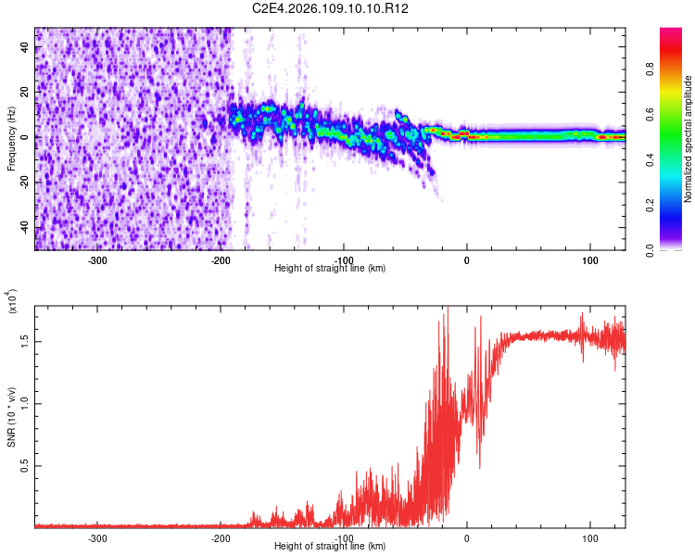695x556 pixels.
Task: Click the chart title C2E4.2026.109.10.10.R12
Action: [331, 8]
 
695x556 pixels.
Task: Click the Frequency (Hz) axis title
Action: [11, 138]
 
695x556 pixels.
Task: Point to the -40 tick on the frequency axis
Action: [25, 228]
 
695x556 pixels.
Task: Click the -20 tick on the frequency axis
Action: [25, 183]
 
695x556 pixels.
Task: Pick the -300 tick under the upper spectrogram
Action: [98, 260]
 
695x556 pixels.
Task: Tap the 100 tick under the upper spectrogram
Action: [589, 260]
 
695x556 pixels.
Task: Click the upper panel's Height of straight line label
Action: [330, 269]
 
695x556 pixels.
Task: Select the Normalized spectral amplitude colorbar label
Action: [688, 139]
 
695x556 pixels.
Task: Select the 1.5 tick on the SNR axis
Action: [25, 341]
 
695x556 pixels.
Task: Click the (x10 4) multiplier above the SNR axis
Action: [11, 302]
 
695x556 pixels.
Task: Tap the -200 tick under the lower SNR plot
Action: [221, 537]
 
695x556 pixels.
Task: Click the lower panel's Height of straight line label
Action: [330, 547]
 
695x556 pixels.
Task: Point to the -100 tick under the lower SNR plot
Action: [344, 537]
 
